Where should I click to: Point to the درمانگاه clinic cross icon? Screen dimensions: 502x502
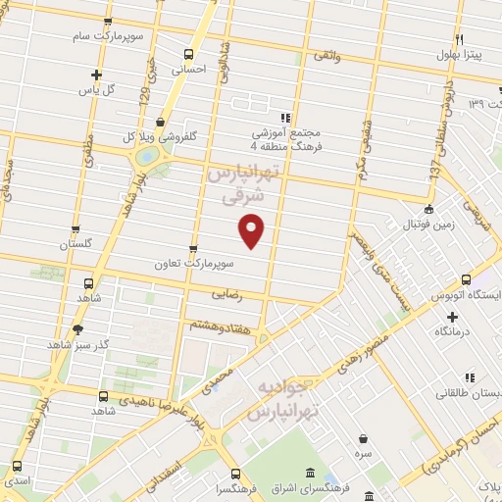tap(451, 317)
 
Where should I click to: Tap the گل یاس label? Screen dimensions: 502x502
tap(96, 89)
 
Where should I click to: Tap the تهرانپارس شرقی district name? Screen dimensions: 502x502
tap(244, 184)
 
